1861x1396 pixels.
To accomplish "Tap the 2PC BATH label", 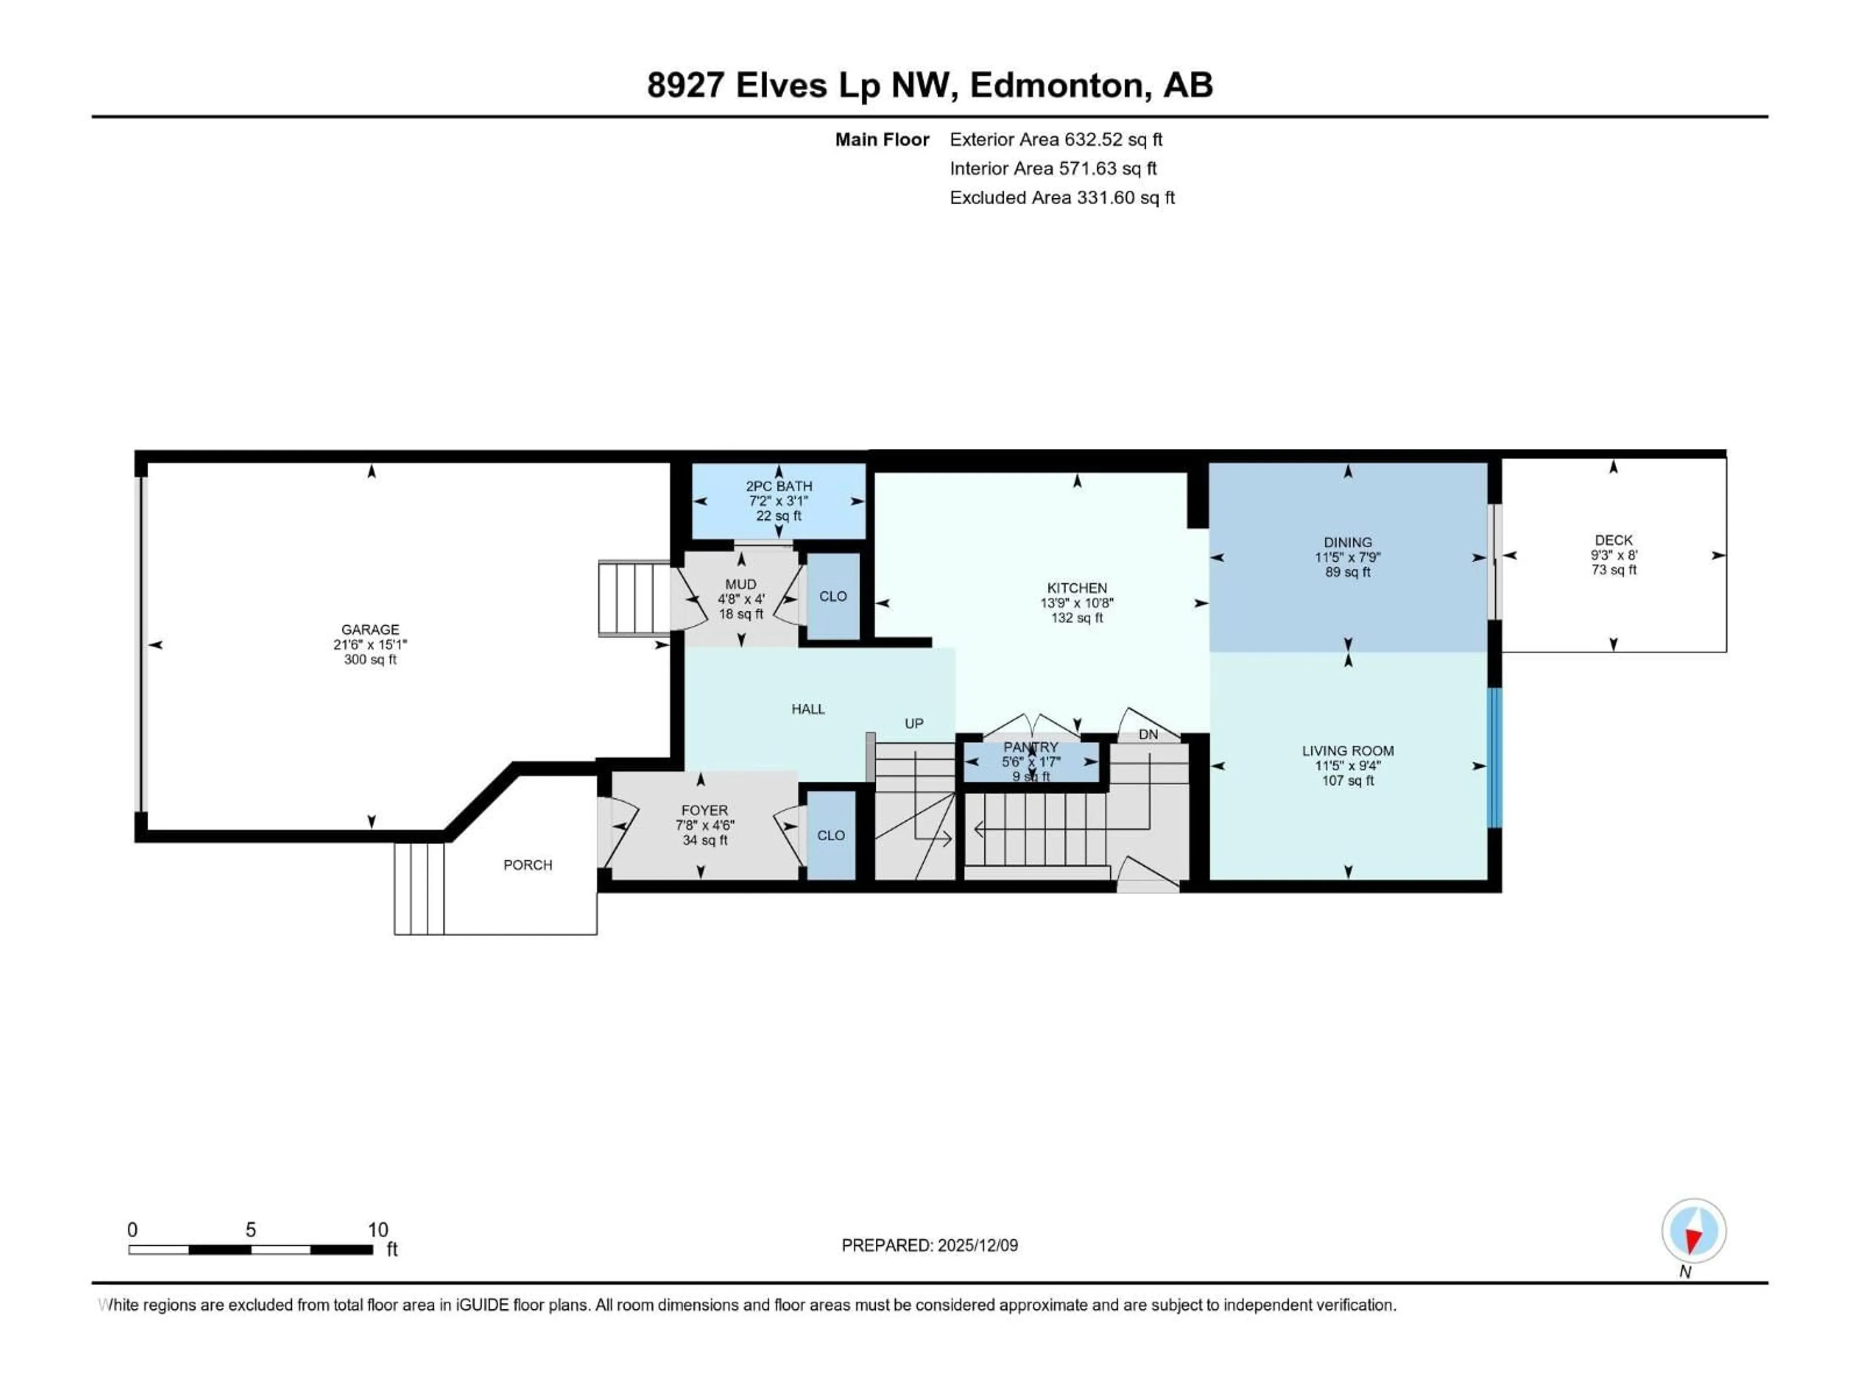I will [x=778, y=486].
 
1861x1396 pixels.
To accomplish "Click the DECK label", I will [x=1613, y=540].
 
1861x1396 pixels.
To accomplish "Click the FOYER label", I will [x=704, y=810].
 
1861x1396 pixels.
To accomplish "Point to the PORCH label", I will [x=527, y=865].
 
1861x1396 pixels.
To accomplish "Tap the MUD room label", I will [x=741, y=584].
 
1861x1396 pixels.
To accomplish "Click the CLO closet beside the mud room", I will [x=833, y=597].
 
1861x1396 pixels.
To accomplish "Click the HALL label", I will [x=808, y=709].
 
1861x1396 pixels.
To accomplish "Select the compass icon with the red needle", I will [x=1694, y=1230].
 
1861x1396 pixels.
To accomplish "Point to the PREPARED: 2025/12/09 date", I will [x=929, y=1245].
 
